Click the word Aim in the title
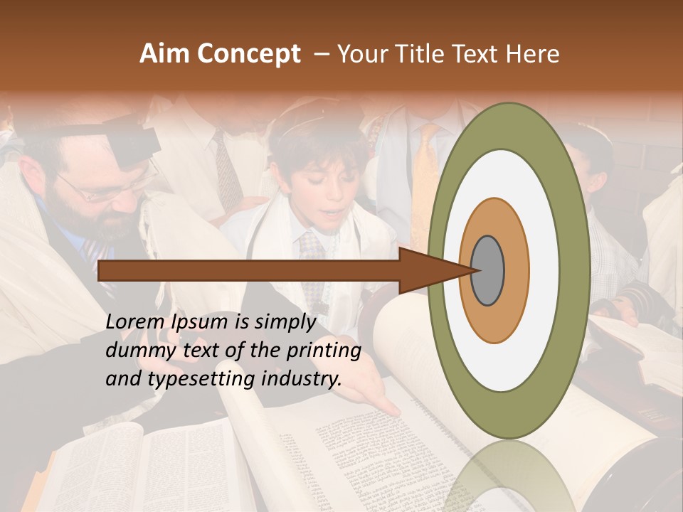(x=165, y=54)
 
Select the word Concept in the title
(x=248, y=54)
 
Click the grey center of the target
(x=487, y=270)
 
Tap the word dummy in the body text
(x=134, y=351)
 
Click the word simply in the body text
(x=284, y=323)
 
